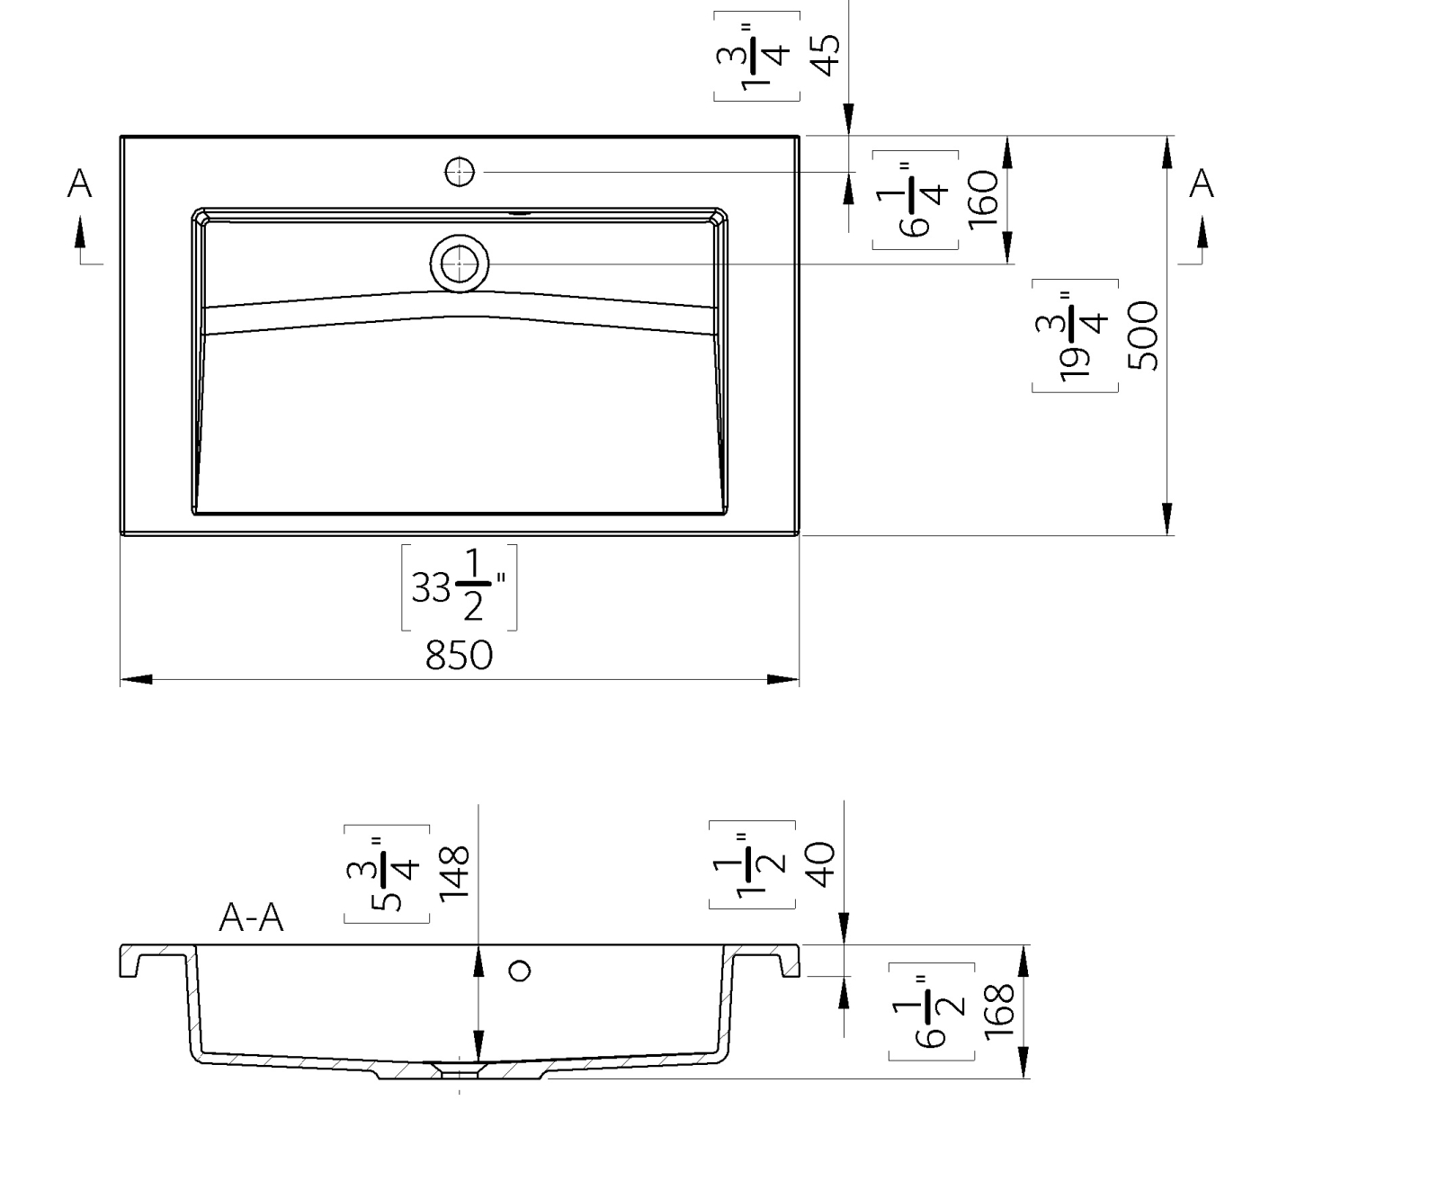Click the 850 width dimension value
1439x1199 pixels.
point(459,656)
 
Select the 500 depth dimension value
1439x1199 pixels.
point(1144,336)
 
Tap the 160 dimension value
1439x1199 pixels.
point(985,199)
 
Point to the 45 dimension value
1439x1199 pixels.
point(825,54)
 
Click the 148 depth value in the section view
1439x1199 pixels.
point(454,872)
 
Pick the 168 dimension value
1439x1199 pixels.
point(1000,1010)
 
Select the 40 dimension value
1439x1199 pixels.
point(822,863)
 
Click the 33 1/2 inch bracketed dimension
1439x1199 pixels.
point(459,587)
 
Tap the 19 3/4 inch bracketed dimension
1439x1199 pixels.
point(1076,336)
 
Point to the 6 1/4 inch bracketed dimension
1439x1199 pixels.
point(916,200)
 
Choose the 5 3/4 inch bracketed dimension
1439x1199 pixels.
point(387,874)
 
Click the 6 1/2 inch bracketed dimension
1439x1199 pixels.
point(932,1011)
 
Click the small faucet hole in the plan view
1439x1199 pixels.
point(460,171)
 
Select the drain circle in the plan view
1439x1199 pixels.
point(460,264)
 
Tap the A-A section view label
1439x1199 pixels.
point(252,918)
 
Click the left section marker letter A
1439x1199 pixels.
point(80,183)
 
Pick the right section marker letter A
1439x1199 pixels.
point(1202,183)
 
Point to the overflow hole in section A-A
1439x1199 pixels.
point(520,971)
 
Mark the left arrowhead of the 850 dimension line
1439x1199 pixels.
point(136,680)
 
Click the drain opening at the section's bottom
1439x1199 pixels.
point(460,1069)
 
